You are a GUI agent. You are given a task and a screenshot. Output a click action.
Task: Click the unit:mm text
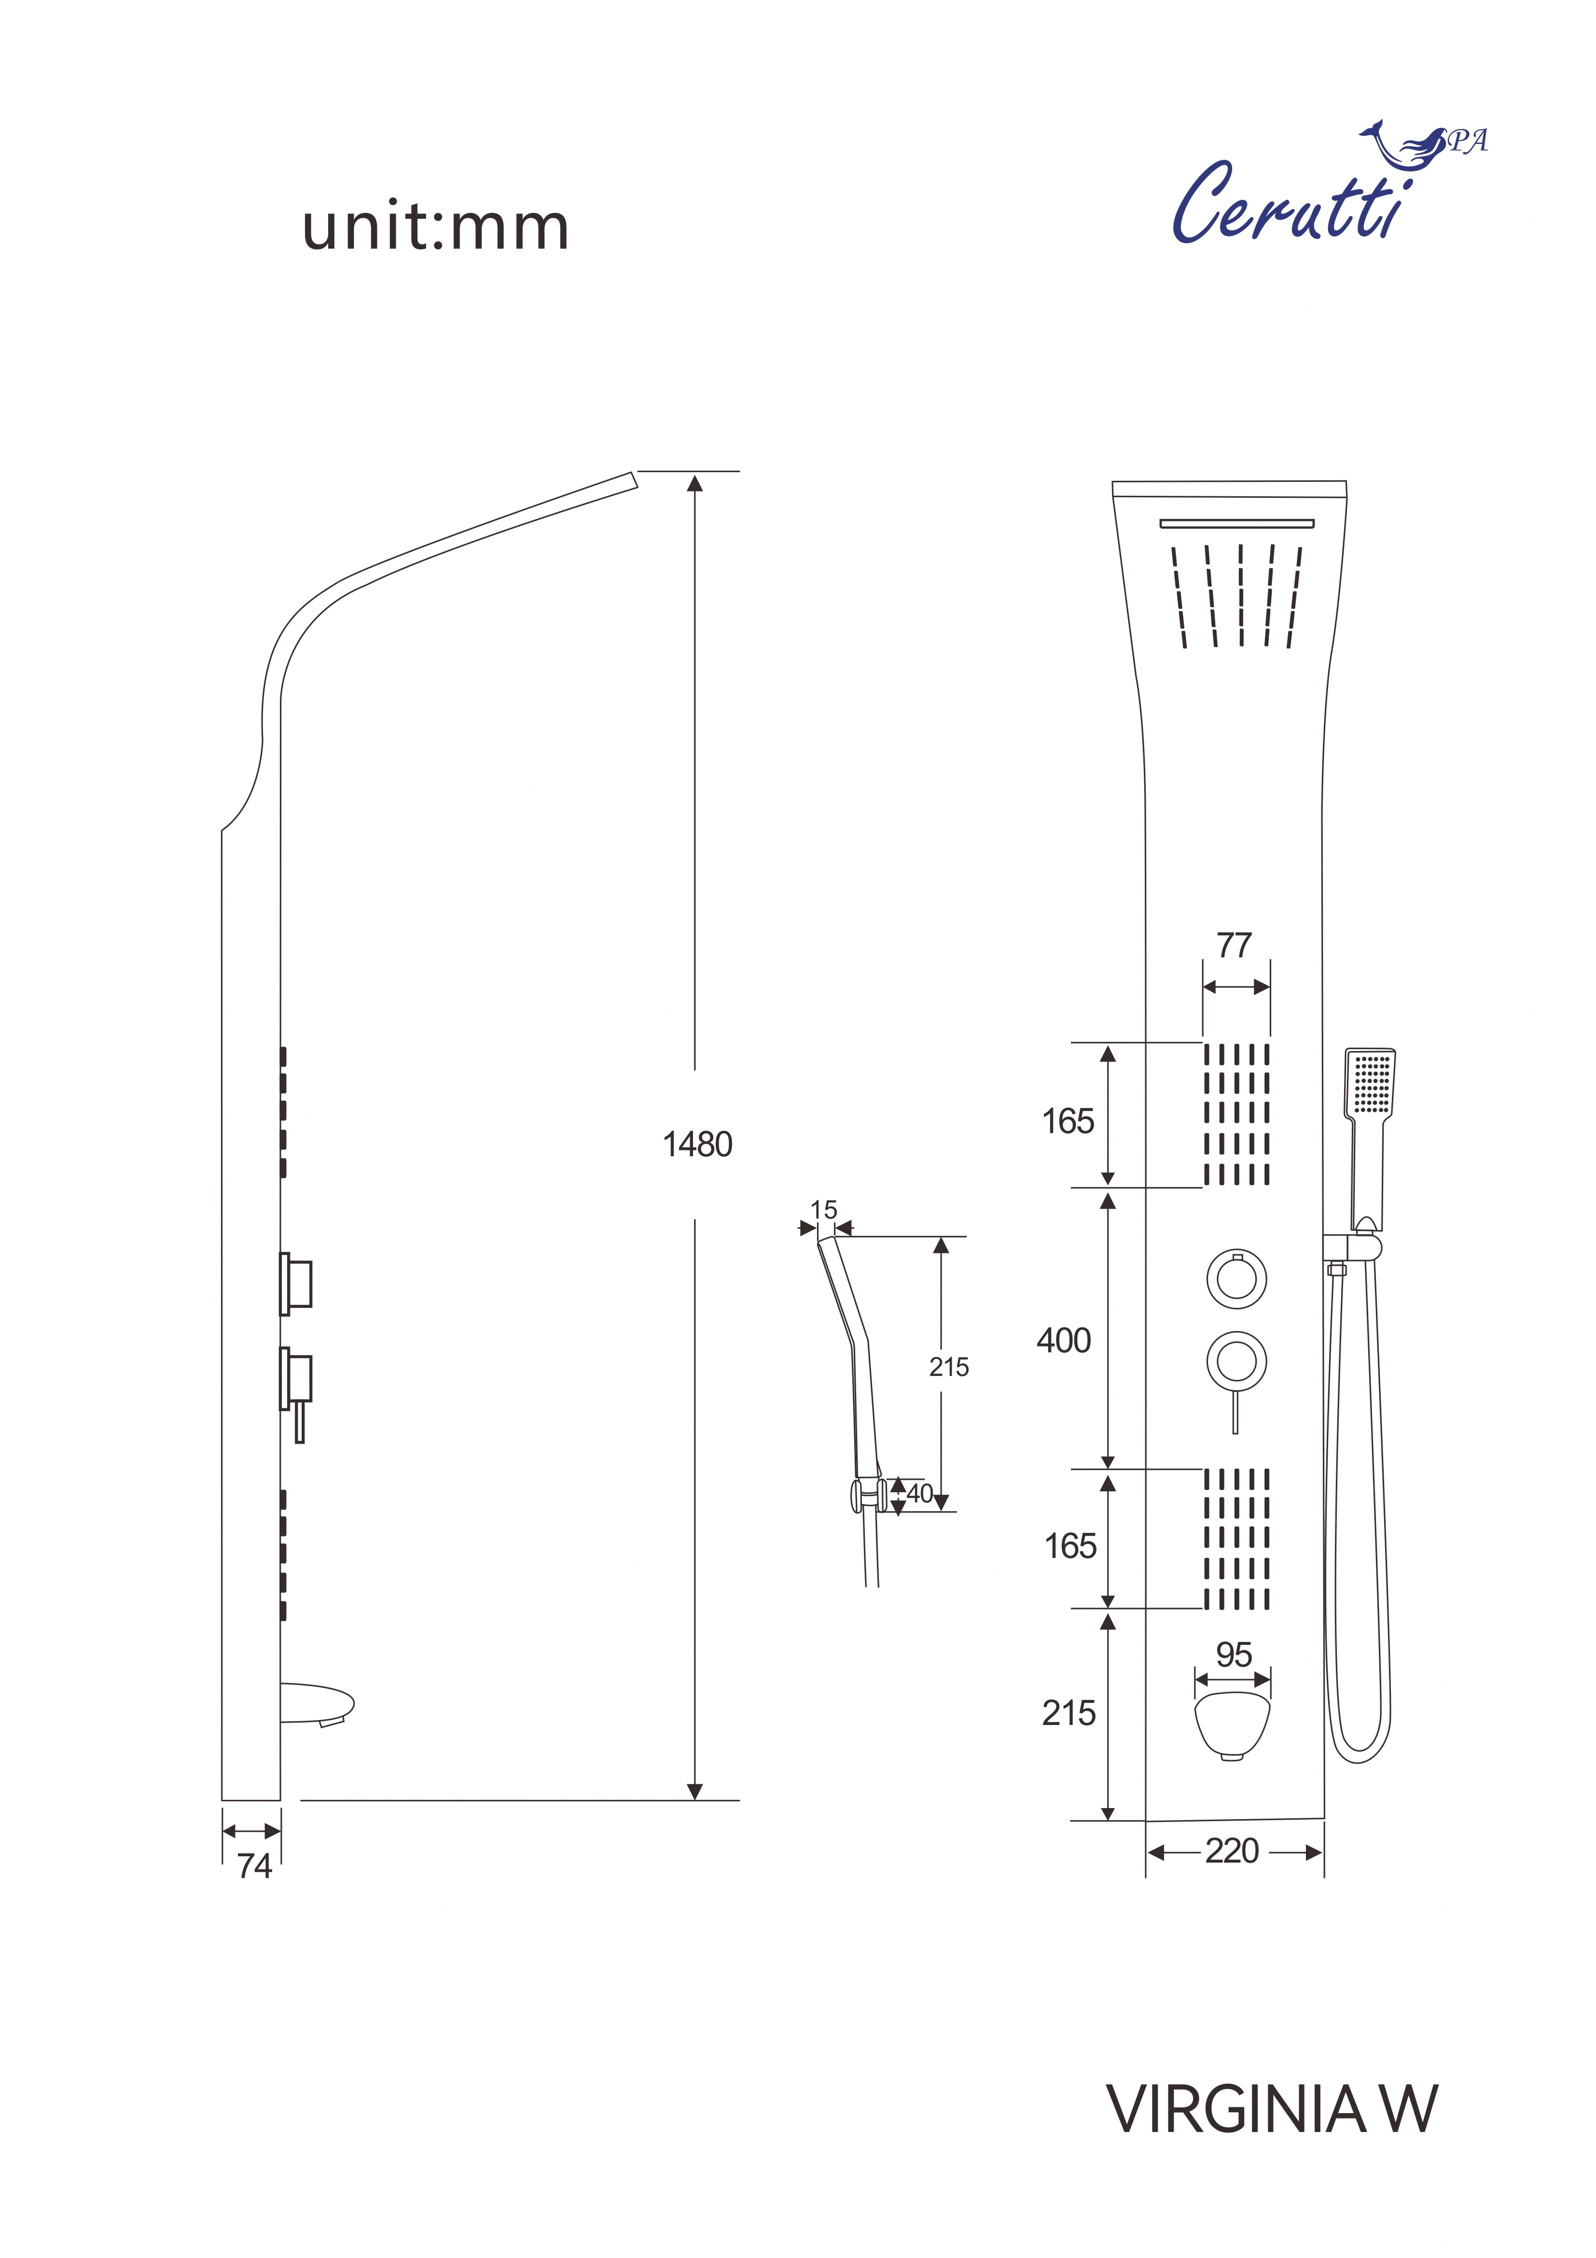click(436, 228)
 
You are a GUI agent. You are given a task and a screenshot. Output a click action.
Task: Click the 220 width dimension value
click(1232, 1851)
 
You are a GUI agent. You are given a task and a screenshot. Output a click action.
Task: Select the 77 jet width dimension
click(1234, 945)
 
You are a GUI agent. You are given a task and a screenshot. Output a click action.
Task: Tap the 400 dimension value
click(1064, 1340)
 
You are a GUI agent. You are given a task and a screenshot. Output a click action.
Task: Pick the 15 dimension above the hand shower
click(824, 1210)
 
